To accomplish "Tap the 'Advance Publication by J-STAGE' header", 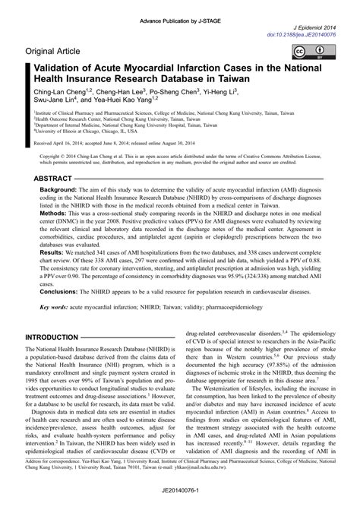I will click(x=179, y=8).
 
